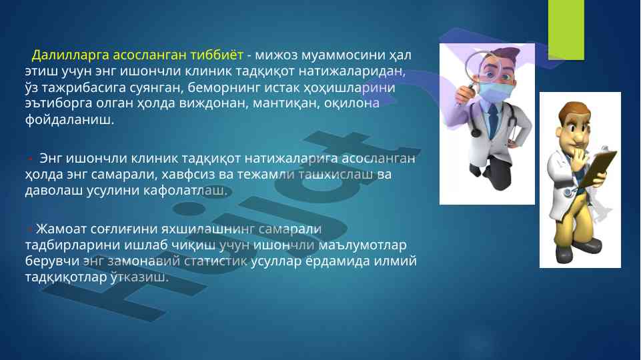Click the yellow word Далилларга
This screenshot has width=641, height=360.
click(x=70, y=55)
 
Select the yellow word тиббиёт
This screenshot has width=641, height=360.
click(x=217, y=55)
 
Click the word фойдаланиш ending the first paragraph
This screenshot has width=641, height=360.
click(x=69, y=120)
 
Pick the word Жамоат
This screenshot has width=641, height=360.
click(x=61, y=229)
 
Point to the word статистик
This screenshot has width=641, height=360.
click(x=215, y=261)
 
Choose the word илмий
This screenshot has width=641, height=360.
click(x=396, y=261)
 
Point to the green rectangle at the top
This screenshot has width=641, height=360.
click(x=566, y=30)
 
